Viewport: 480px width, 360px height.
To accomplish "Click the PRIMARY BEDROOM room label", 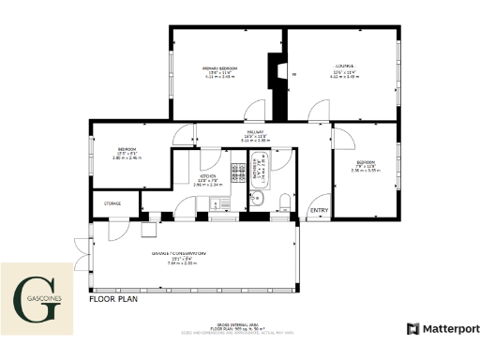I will tap(220, 69).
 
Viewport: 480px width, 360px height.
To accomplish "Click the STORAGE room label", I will tap(112, 202).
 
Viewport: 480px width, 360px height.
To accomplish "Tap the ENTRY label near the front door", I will tap(320, 209).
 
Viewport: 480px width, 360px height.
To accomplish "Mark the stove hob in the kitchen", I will tap(237, 172).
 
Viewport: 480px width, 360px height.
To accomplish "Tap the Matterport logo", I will tap(442, 329).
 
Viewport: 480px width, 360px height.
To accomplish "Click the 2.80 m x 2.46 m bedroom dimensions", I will tap(126, 158).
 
